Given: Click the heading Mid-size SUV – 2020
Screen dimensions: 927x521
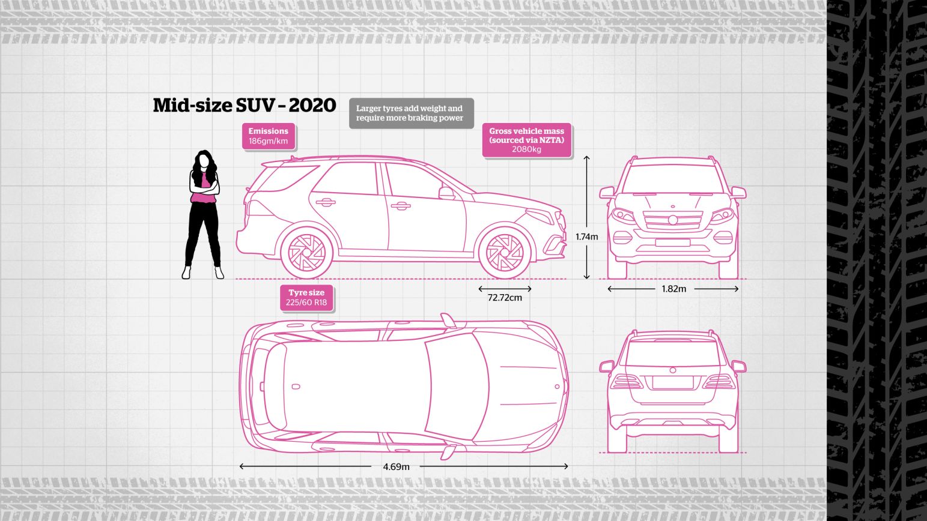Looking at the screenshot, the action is (244, 106).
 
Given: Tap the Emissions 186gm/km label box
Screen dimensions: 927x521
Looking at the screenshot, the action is (268, 136).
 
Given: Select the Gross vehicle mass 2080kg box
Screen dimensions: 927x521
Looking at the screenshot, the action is (526, 140).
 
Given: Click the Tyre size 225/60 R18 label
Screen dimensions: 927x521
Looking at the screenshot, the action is (306, 298).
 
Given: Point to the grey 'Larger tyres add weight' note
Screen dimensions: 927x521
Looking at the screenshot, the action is (412, 113).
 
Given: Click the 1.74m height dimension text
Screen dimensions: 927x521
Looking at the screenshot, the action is (587, 237).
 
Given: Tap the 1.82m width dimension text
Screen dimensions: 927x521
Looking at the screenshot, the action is (673, 289).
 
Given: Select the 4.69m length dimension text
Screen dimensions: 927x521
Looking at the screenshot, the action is (396, 467).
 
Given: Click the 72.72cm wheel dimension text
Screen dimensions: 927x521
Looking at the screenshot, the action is (505, 298).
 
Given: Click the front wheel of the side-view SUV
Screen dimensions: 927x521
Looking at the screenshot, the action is (505, 252).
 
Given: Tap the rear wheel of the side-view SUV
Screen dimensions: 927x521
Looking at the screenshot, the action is (306, 252).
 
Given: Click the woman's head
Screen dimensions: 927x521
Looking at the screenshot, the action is (204, 160).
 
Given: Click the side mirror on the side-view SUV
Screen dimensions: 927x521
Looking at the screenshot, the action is (446, 193).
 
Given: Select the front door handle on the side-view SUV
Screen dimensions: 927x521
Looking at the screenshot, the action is (401, 205).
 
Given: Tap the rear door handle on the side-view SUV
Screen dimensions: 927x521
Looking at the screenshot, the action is (325, 202).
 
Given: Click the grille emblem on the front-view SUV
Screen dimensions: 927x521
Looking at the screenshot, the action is (673, 220).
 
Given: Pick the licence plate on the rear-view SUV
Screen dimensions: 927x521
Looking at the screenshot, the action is (673, 382).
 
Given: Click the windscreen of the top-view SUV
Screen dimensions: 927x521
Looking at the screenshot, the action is (457, 386).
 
